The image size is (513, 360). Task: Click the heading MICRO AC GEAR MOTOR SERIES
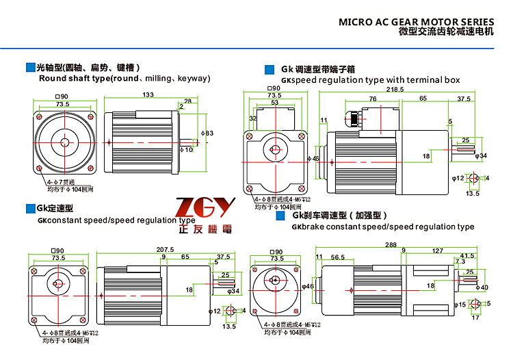[x=417, y=21]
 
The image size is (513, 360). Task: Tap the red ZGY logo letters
[x=205, y=207]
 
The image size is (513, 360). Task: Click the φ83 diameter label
[x=207, y=133]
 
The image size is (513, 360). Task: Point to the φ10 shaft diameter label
[x=186, y=149]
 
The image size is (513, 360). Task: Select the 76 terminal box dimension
[x=373, y=99]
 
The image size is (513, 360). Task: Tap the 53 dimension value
[x=274, y=102]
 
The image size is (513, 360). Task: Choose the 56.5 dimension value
[x=337, y=257]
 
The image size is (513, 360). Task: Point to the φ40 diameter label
[x=482, y=287]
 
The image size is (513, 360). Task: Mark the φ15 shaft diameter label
[x=460, y=305]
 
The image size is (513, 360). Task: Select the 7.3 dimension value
[x=460, y=261]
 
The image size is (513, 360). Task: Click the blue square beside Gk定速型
[x=30, y=207]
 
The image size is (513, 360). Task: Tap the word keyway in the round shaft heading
[x=194, y=79]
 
